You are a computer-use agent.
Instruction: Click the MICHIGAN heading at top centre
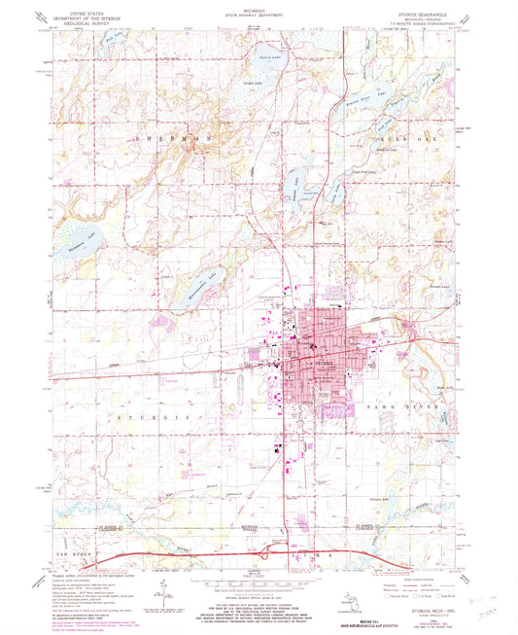(259, 9)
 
